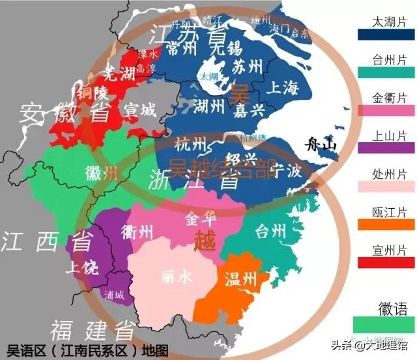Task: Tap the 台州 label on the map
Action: point(270,231)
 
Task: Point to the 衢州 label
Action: point(137,232)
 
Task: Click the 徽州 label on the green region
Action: point(102,173)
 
